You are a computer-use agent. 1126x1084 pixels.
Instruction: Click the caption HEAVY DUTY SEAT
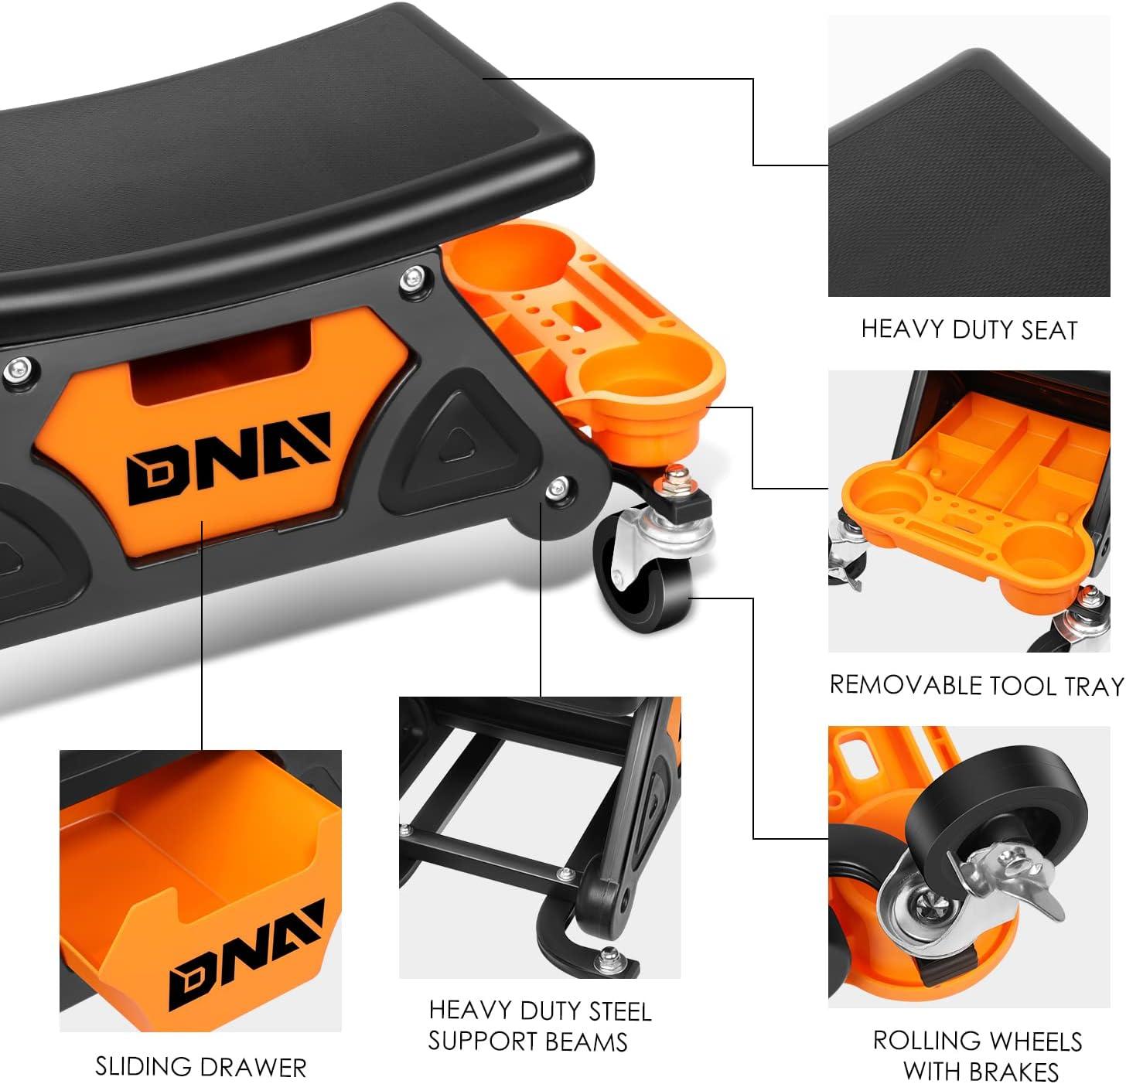click(x=969, y=330)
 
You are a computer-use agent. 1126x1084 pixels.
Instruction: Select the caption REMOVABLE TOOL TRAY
click(x=976, y=685)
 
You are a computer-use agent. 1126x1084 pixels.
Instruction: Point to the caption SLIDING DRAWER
click(x=200, y=1067)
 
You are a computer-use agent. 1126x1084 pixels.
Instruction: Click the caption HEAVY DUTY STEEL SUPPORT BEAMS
click(x=540, y=1026)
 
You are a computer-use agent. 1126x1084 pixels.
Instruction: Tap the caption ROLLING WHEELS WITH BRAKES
click(x=977, y=1055)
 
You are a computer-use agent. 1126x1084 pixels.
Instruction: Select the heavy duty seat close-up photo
click(x=969, y=157)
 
